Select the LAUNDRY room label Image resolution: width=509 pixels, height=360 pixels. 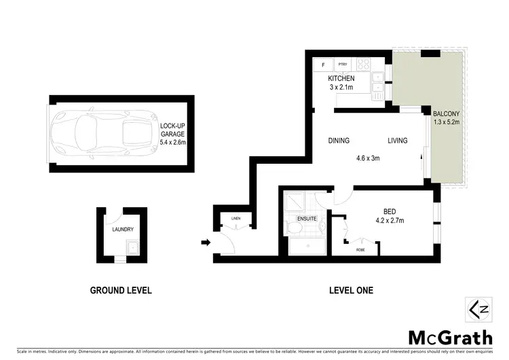pyautogui.click(x=124, y=230)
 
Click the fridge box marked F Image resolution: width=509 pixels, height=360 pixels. pyautogui.click(x=323, y=65)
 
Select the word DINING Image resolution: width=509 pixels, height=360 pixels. pyautogui.click(x=339, y=141)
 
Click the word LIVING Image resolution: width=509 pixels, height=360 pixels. pyautogui.click(x=397, y=141)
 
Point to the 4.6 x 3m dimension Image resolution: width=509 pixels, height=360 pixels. pyautogui.click(x=367, y=158)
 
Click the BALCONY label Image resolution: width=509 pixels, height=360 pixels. pyautogui.click(x=445, y=115)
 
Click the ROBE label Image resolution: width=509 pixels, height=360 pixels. pyautogui.click(x=360, y=249)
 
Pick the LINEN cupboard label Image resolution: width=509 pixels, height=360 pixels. pyautogui.click(x=236, y=218)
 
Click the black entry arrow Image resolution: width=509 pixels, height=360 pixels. pyautogui.click(x=205, y=241)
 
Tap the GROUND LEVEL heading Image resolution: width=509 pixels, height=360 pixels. pyautogui.click(x=121, y=290)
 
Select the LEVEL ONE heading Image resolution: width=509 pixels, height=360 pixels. pyautogui.click(x=351, y=290)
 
